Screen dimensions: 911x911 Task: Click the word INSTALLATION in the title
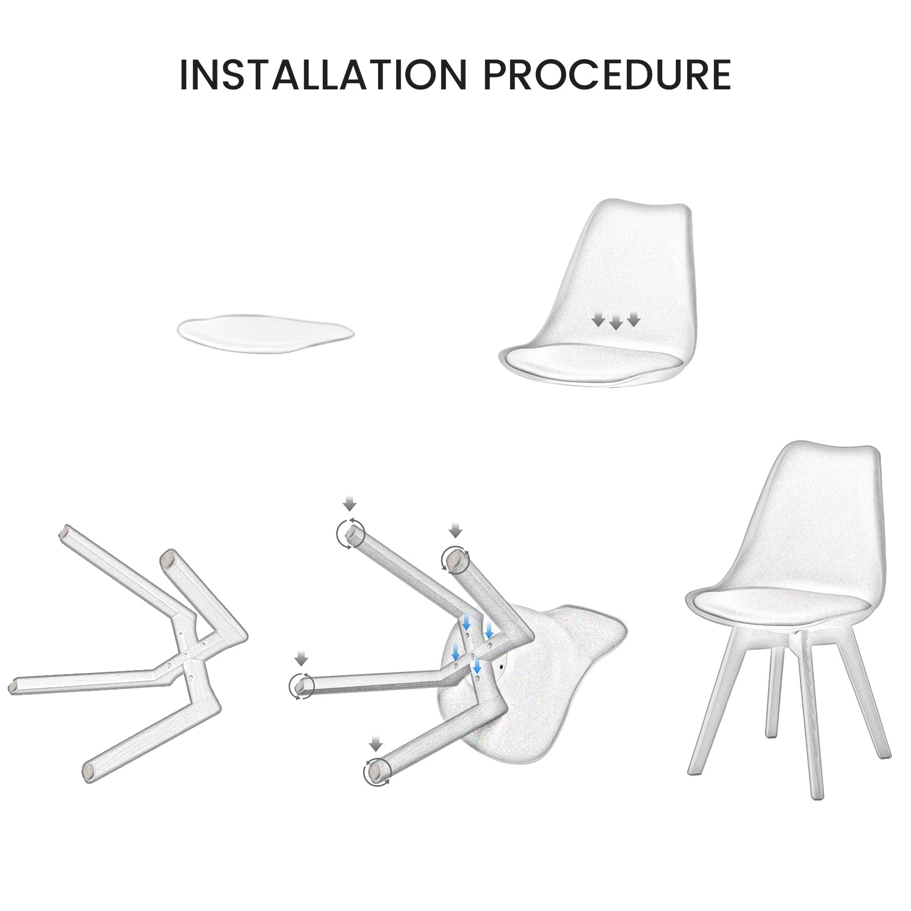323,74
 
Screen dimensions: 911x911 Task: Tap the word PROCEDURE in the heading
608,74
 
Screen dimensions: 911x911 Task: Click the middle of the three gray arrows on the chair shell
615,324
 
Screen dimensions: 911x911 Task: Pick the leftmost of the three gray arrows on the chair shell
598,320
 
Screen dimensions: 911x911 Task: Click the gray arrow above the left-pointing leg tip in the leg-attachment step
301,659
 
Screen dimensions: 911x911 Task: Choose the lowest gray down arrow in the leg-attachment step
375,744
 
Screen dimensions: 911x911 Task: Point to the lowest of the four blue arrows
477,666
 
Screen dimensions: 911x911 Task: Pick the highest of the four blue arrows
466,622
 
